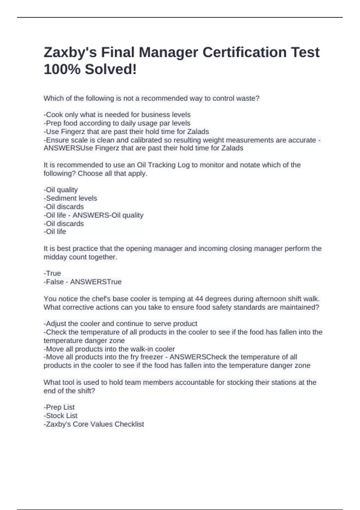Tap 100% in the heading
[x=62, y=69]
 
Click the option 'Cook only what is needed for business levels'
[x=117, y=115]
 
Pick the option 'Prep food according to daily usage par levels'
[x=117, y=123]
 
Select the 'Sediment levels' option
[x=70, y=198]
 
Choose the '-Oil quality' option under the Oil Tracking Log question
[x=61, y=190]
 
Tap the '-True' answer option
[x=52, y=273]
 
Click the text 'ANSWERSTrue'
[x=96, y=282]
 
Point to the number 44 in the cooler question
[x=199, y=299]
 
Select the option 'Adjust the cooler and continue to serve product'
[x=120, y=324]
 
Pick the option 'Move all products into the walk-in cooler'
[x=109, y=349]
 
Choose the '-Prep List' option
[x=59, y=407]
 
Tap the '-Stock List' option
[x=60, y=416]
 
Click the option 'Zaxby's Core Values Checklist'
[x=94, y=424]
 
